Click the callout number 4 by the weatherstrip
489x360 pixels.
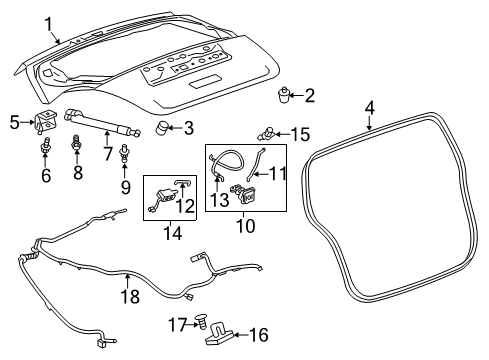(x=369, y=107)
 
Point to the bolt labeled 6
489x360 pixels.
(x=44, y=151)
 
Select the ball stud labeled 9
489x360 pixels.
(x=125, y=155)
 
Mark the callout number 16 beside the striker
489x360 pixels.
(x=258, y=335)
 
